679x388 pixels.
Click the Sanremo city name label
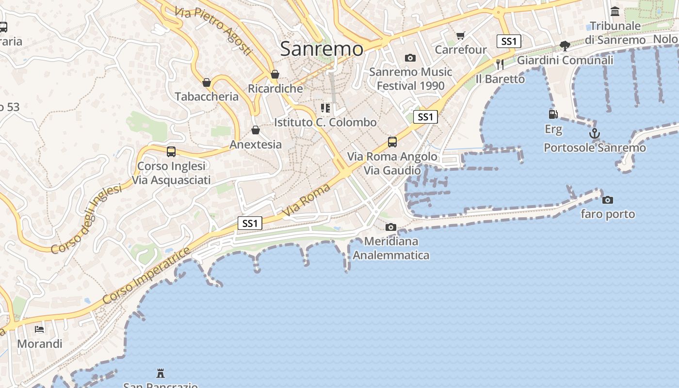[322, 49]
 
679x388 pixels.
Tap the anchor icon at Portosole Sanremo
[595, 133]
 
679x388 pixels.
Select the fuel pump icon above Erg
[553, 114]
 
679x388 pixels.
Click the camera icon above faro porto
[607, 200]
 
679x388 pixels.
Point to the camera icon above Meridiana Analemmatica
[390, 227]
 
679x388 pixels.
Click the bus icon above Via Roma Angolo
[392, 142]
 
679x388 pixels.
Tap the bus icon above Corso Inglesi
[171, 152]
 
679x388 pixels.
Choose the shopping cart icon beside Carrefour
[460, 35]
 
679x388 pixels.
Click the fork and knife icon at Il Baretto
[500, 64]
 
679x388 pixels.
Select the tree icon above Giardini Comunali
[565, 46]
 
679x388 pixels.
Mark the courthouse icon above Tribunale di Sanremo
[615, 11]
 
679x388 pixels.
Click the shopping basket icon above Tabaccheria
[207, 82]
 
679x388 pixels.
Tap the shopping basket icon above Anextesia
[255, 130]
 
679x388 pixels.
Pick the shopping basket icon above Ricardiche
[275, 75]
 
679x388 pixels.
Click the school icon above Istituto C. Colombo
[325, 108]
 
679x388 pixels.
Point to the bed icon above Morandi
[40, 329]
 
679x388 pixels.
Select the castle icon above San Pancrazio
[160, 373]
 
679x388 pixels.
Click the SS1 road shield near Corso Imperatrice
[250, 223]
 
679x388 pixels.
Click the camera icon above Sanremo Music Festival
[410, 58]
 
